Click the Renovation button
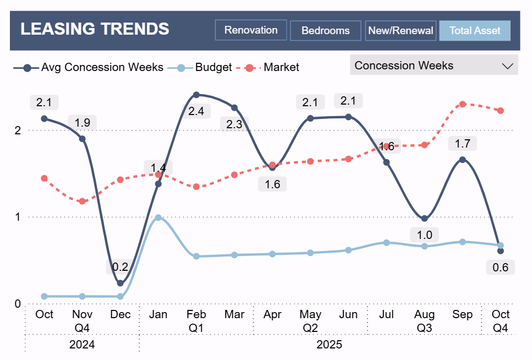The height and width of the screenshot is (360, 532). click(x=251, y=30)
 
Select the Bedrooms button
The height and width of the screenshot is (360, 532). click(x=325, y=31)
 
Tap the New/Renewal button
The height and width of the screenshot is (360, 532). click(x=401, y=31)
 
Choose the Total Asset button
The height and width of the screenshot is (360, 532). click(x=475, y=31)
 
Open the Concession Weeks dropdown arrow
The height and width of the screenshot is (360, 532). click(x=507, y=66)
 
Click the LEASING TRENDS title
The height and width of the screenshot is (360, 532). click(x=95, y=29)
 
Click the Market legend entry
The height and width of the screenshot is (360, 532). click(x=281, y=67)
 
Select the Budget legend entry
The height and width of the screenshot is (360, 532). click(x=213, y=67)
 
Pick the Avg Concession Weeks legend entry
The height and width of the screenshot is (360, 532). click(x=102, y=67)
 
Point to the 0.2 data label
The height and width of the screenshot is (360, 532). click(x=120, y=268)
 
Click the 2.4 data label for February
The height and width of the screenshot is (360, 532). click(x=196, y=111)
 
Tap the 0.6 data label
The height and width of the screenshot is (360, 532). click(x=501, y=268)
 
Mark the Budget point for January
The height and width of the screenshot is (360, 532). click(x=158, y=217)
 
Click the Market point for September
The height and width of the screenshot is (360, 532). click(x=463, y=104)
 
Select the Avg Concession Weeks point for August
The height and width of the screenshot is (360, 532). click(x=424, y=219)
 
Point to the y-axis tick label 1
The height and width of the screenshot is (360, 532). click(x=17, y=217)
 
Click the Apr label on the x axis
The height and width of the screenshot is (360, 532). click(x=272, y=314)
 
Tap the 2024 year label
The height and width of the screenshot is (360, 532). click(x=82, y=345)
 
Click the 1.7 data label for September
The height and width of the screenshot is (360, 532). click(x=463, y=144)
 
